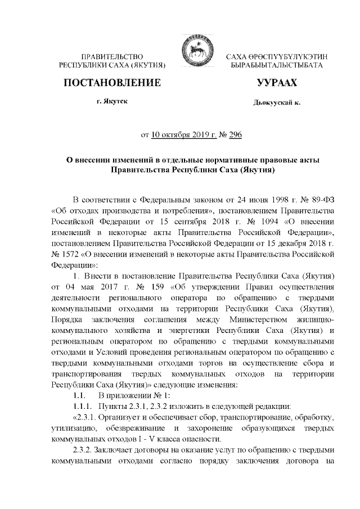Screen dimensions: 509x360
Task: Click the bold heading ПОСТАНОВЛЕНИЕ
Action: pos(111,84)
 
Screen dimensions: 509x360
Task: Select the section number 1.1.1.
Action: pos(75,406)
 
